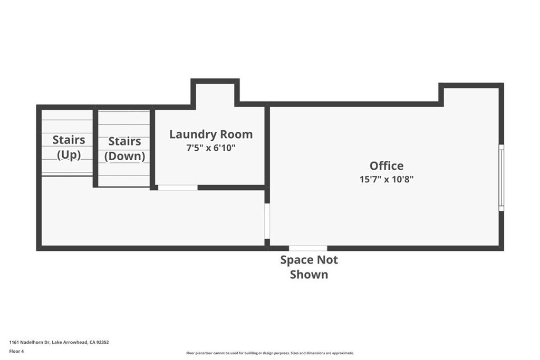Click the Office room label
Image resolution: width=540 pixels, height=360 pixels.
click(386, 166)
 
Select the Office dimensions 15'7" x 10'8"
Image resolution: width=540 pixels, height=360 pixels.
click(386, 179)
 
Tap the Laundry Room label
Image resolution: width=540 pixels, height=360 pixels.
click(210, 134)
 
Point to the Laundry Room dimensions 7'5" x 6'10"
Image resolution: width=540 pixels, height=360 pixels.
click(210, 148)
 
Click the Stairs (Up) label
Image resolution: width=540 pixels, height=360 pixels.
click(69, 148)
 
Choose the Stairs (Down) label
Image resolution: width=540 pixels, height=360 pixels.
click(124, 149)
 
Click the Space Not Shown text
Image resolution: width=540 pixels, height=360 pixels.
click(308, 267)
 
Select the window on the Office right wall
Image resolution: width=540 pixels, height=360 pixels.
click(501, 178)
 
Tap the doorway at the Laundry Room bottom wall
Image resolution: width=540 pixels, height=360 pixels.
click(178, 187)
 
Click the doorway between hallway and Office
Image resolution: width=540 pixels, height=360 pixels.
click(267, 221)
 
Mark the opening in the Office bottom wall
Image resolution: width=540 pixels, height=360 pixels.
click(308, 248)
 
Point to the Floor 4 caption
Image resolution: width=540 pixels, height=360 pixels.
click(16, 351)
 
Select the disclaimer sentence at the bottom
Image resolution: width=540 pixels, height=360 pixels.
click(269, 353)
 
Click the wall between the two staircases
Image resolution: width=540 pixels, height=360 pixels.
click(95, 148)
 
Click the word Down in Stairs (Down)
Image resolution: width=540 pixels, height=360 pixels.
click(124, 157)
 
